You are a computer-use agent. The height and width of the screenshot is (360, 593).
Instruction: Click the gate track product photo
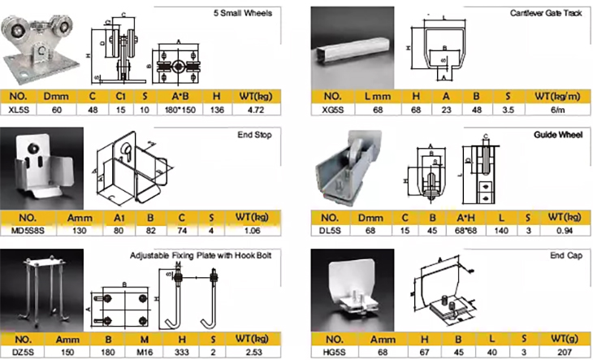point(351,50)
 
